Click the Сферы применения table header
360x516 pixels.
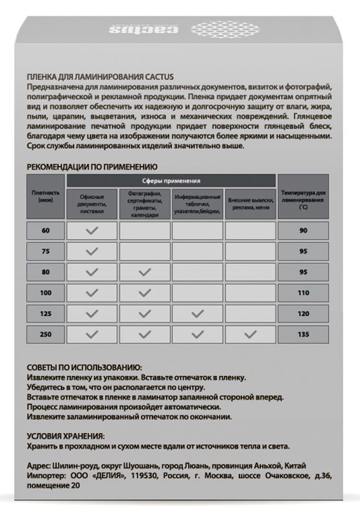[171, 182]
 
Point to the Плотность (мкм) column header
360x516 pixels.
[45, 196]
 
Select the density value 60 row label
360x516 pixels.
[45, 231]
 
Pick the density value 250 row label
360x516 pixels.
[45, 334]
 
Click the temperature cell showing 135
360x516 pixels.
[302, 334]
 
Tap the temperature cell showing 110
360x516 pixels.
[302, 293]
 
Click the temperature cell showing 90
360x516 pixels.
[302, 231]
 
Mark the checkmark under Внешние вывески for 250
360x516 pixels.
[250, 334]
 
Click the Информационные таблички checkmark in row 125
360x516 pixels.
[197, 314]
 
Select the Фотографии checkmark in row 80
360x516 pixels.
[145, 272]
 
